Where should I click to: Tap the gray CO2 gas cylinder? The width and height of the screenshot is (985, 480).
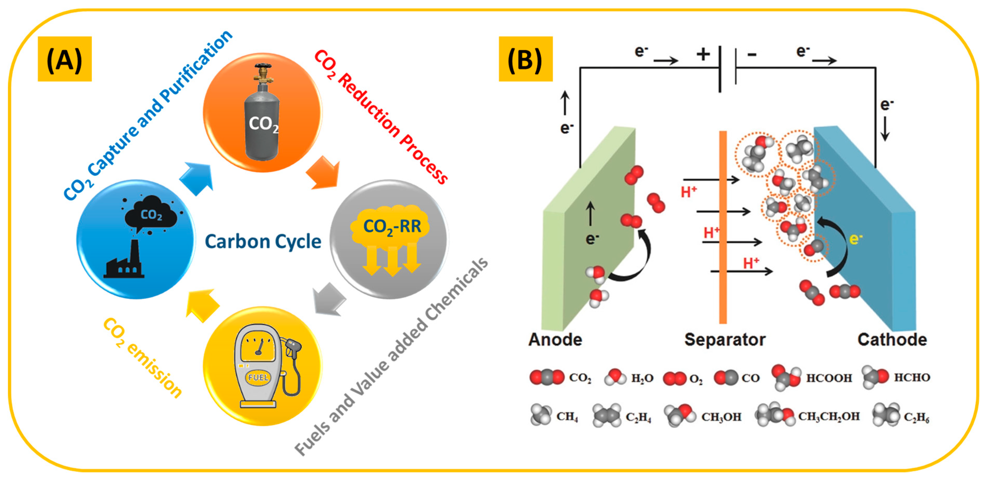[x=262, y=115]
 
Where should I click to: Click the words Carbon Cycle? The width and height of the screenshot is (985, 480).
[x=263, y=242]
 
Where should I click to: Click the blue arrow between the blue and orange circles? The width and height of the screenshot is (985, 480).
[x=197, y=178]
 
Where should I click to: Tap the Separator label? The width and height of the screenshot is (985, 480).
[x=725, y=339]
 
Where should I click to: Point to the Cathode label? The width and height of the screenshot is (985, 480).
[x=892, y=339]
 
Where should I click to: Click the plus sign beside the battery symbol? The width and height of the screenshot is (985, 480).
[x=703, y=54]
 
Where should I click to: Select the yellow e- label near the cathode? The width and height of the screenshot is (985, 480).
[x=856, y=239]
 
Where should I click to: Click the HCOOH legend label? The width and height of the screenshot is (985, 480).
[x=829, y=378]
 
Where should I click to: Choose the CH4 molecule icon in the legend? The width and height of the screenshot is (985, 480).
[x=541, y=415]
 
